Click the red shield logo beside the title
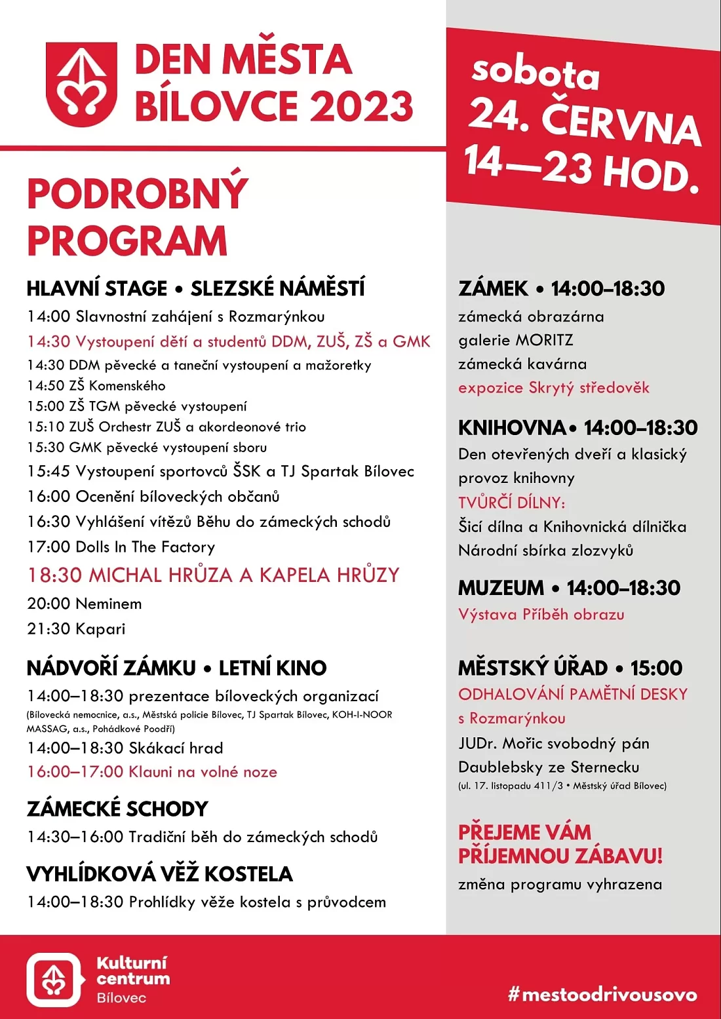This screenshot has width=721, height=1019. tap(81, 84)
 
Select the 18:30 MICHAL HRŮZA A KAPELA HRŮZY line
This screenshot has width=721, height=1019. tap(213, 575)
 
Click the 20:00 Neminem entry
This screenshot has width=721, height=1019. tap(85, 604)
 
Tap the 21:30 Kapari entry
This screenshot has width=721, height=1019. tap(76, 629)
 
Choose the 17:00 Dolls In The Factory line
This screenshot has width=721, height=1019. tap(121, 547)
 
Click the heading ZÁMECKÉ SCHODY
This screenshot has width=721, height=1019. tap(117, 809)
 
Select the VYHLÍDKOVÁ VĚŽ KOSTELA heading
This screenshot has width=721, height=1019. tap(159, 874)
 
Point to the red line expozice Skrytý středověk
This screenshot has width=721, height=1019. tap(554, 387)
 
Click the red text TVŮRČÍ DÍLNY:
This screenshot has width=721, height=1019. tap(512, 503)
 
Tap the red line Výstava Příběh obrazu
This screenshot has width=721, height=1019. tap(541, 615)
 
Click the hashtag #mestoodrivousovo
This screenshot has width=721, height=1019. tap(602, 995)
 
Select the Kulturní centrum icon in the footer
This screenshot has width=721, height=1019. tap(54, 980)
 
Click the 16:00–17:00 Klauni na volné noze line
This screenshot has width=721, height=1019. tap(152, 772)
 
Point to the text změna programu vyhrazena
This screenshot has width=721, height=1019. tap(560, 885)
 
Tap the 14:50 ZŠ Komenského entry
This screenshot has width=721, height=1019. tap(96, 385)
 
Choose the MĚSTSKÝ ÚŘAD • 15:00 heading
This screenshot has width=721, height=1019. tap(561, 668)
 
